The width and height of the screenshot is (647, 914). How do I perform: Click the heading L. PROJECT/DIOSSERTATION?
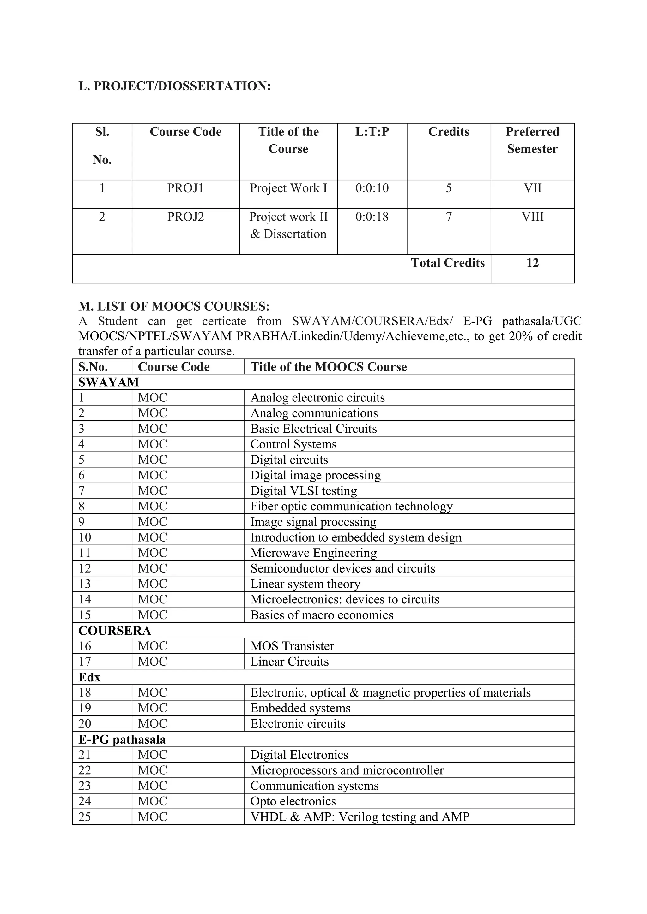click(174, 86)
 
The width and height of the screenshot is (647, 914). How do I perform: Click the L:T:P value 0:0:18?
click(372, 217)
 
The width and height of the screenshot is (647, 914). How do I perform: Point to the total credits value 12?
click(532, 263)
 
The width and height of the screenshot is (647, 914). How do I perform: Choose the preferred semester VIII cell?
click(532, 217)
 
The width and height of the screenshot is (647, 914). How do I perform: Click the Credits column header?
click(449, 132)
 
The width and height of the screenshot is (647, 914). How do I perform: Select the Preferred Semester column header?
click(532, 140)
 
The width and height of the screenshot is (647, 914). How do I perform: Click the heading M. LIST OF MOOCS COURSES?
click(174, 306)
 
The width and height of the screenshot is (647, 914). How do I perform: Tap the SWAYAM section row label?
click(108, 382)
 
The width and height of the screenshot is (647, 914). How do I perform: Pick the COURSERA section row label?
click(115, 631)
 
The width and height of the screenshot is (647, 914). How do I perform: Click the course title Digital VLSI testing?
click(304, 491)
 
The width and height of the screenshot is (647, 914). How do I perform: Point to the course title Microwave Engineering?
click(313, 553)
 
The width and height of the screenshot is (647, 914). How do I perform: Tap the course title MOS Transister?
click(292, 646)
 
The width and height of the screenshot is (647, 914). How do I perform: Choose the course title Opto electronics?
click(293, 802)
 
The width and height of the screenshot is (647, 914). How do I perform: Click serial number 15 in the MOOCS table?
click(85, 615)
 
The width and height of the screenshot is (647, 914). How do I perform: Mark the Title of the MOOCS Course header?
click(329, 367)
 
